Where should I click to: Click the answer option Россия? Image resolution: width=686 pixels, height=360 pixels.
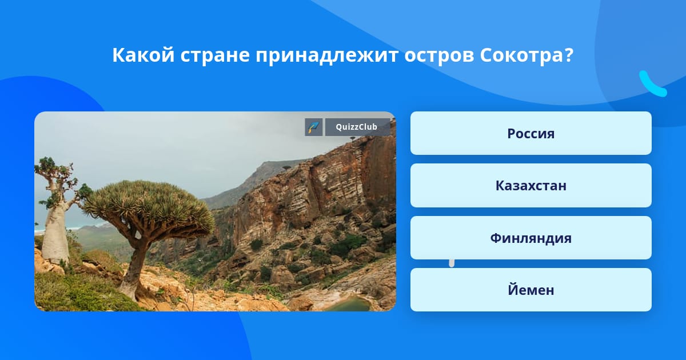tap(531, 133)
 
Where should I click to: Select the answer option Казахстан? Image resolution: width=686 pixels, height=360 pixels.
tap(531, 186)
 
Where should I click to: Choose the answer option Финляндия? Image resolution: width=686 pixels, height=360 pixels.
tap(531, 238)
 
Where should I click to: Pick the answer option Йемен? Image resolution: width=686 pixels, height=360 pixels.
tap(531, 290)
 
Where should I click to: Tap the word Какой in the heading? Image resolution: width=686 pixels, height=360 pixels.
tap(143, 55)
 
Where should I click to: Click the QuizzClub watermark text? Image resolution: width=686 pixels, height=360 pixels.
tap(357, 127)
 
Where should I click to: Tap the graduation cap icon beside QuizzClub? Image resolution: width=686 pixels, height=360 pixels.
tap(314, 127)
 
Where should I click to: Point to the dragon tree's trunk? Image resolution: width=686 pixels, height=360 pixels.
tap(135, 266)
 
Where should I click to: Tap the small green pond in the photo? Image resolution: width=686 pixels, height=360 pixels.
tap(350, 304)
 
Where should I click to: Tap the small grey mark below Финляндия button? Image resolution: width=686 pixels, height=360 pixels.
tap(452, 263)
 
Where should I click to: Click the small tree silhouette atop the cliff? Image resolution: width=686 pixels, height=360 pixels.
tap(286, 167)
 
